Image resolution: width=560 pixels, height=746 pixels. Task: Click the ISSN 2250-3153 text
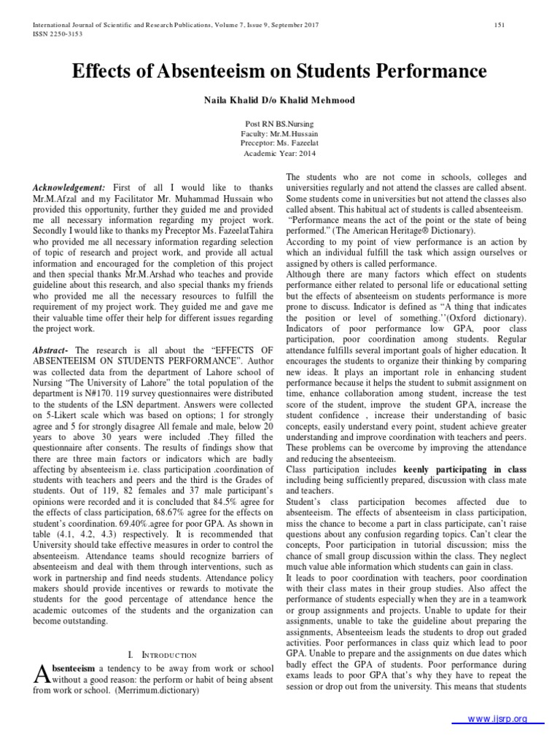point(55,33)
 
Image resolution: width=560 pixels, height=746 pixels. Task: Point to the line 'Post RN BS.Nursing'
point(279,125)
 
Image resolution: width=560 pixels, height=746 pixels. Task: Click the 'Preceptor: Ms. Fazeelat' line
point(279,144)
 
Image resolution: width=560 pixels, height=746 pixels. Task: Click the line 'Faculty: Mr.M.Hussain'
point(279,134)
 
